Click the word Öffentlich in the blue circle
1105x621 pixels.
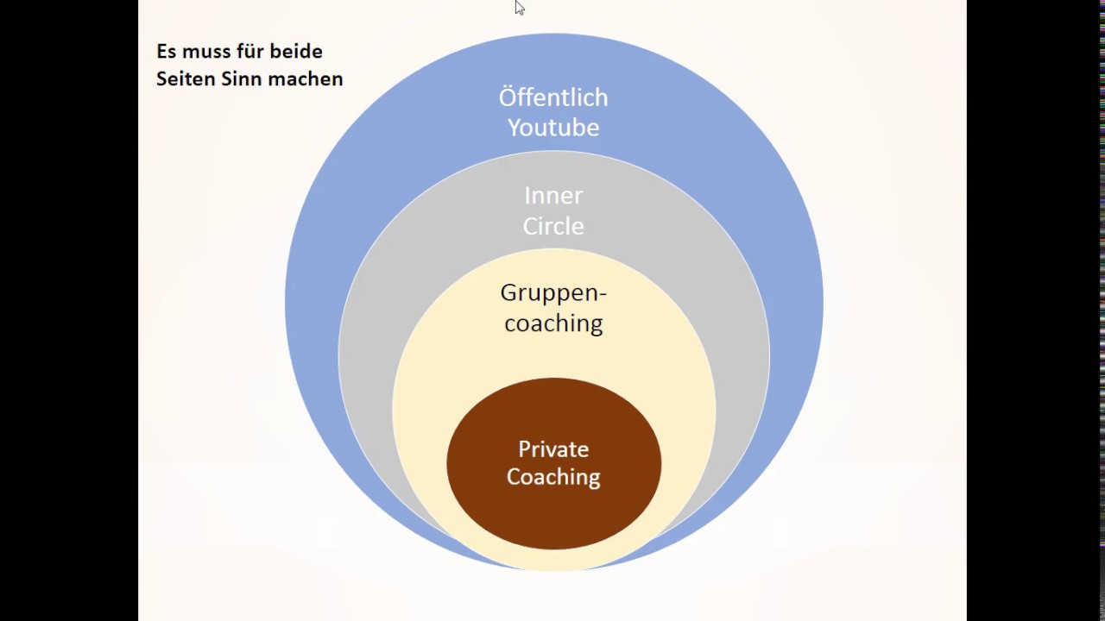tap(553, 97)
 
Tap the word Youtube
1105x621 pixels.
tap(553, 127)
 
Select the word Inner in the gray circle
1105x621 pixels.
tap(553, 196)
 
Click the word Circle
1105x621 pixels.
tap(553, 226)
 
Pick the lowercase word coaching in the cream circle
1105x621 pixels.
tap(553, 324)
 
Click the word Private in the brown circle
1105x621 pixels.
tap(553, 449)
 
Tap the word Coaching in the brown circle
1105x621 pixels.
tap(553, 477)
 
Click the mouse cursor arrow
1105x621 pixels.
tap(520, 8)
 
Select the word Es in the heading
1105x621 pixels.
tap(166, 51)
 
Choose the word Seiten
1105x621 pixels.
tap(186, 78)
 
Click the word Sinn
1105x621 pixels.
tap(240, 78)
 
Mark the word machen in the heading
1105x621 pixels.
tap(304, 78)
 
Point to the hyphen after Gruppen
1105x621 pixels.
tap(602, 296)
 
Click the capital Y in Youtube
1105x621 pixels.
tap(515, 127)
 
